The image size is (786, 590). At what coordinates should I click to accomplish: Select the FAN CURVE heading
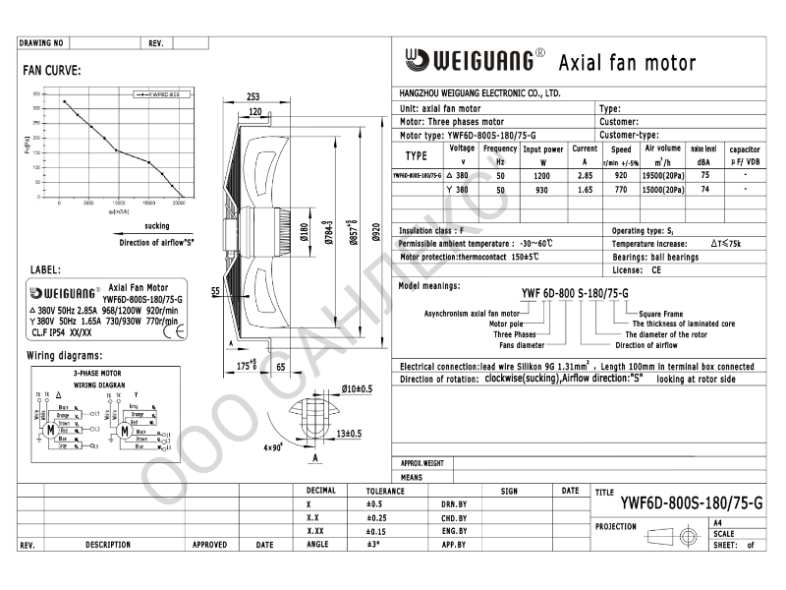(x=51, y=70)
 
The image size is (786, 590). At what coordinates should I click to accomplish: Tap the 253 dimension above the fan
(x=253, y=96)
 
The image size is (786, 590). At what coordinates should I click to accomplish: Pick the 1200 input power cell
(x=542, y=174)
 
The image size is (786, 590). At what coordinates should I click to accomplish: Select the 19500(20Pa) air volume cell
(x=659, y=174)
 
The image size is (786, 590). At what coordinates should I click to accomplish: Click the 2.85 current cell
(x=585, y=174)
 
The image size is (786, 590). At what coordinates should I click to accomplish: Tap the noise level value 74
(x=704, y=189)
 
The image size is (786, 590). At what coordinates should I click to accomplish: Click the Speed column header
(x=621, y=149)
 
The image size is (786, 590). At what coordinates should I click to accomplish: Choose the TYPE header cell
(x=417, y=155)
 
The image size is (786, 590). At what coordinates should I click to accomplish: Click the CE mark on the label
(x=180, y=331)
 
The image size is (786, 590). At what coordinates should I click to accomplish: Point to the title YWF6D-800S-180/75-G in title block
(x=691, y=502)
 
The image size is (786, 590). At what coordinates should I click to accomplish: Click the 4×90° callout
(x=273, y=446)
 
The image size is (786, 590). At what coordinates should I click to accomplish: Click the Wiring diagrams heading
(x=64, y=355)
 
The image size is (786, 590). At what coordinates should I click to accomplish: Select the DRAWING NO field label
(x=41, y=43)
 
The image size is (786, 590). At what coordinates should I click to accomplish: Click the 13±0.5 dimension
(x=350, y=433)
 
